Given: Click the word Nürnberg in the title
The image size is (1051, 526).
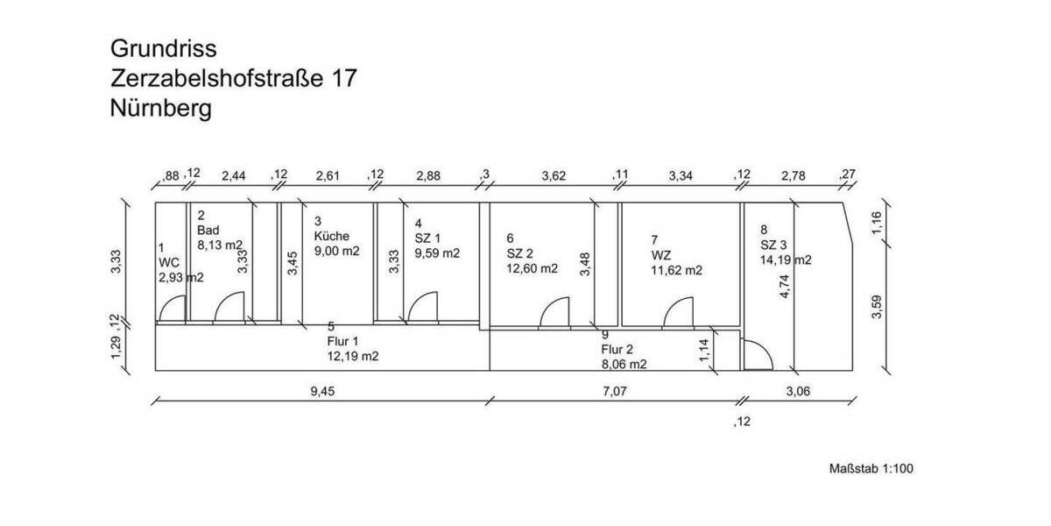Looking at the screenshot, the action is click(x=161, y=109).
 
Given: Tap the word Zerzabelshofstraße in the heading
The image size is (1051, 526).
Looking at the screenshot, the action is click(x=217, y=78).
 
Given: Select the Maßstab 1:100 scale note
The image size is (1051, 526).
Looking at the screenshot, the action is click(x=871, y=469).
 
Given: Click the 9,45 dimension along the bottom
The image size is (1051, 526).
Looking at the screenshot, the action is click(x=323, y=391).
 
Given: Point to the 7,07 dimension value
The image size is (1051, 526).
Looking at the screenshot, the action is click(x=615, y=391).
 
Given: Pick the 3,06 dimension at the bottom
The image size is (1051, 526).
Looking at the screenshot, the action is click(x=798, y=391).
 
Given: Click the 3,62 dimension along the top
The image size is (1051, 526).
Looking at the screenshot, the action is click(x=554, y=175).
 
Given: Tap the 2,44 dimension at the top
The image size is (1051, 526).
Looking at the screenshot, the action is click(x=234, y=175).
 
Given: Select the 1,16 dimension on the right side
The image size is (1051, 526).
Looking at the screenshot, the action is click(x=877, y=223).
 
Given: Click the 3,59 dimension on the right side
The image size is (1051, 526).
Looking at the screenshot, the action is click(x=877, y=307).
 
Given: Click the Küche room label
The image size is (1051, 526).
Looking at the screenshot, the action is click(x=331, y=236).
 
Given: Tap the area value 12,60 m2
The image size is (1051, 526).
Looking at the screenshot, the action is click(x=533, y=268).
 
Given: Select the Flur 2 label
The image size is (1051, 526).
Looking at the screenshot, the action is click(x=617, y=350).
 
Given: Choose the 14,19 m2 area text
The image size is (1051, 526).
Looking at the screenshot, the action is click(x=786, y=259).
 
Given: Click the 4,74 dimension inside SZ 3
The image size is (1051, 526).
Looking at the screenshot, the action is click(x=785, y=286).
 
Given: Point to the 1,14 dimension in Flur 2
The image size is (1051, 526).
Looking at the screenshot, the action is click(x=704, y=351).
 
